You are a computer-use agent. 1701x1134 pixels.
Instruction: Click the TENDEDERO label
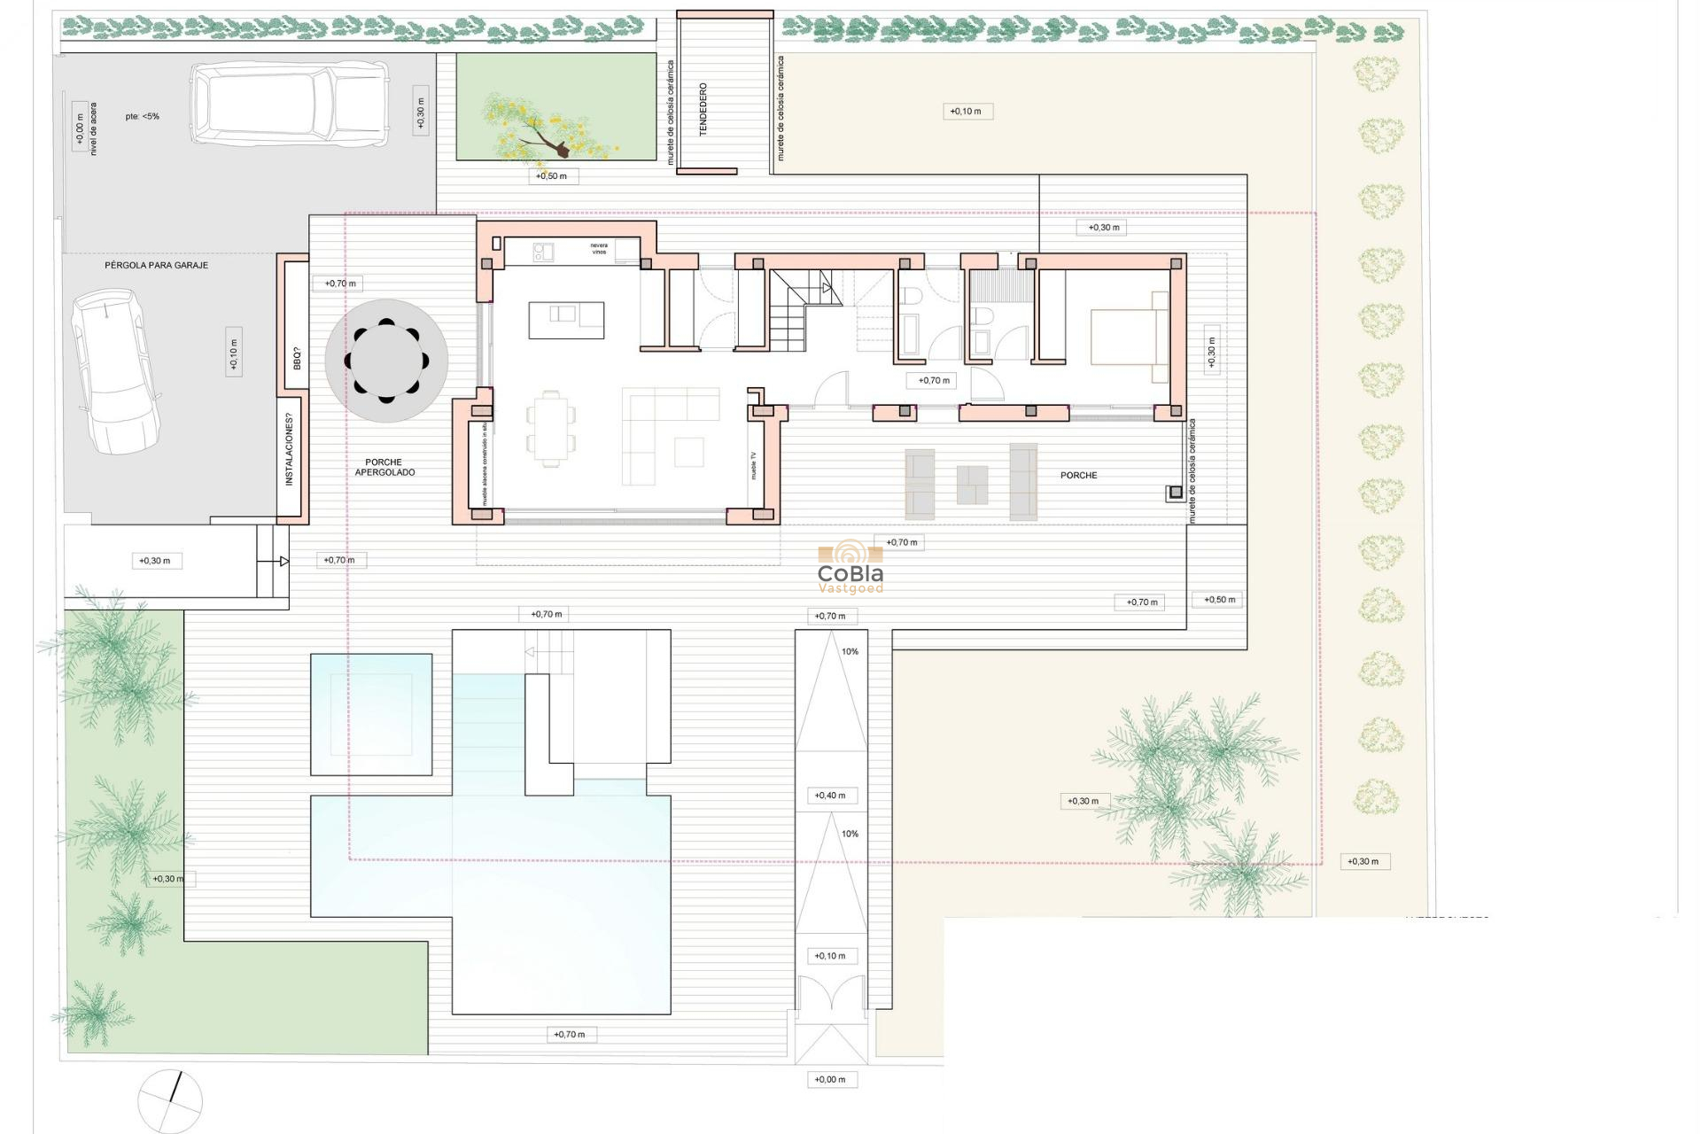(x=703, y=109)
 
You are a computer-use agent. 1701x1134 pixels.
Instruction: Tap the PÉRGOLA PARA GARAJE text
(x=157, y=265)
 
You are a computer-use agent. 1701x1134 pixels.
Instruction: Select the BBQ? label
(x=297, y=358)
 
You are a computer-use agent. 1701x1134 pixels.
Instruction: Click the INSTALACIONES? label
(x=289, y=454)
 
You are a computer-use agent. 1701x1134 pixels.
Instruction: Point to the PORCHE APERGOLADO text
(x=384, y=467)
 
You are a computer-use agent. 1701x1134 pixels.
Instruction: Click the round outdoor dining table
(x=386, y=361)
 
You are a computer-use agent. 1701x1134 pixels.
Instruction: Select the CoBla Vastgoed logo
(x=850, y=568)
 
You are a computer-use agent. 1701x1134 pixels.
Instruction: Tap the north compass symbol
(x=170, y=1101)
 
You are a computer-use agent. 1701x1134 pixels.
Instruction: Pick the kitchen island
(x=567, y=320)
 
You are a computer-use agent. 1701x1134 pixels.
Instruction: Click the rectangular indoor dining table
(x=551, y=429)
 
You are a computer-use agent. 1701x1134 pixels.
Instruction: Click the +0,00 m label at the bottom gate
(x=830, y=1079)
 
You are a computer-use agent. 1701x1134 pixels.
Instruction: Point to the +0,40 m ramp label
(x=830, y=796)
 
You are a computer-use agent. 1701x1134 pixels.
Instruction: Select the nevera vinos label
(x=600, y=248)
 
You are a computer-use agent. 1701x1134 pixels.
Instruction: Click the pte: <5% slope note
(x=143, y=116)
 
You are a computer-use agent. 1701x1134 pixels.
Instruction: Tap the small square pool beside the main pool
(x=371, y=714)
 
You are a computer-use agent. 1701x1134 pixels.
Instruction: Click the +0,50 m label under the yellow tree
(x=551, y=176)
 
